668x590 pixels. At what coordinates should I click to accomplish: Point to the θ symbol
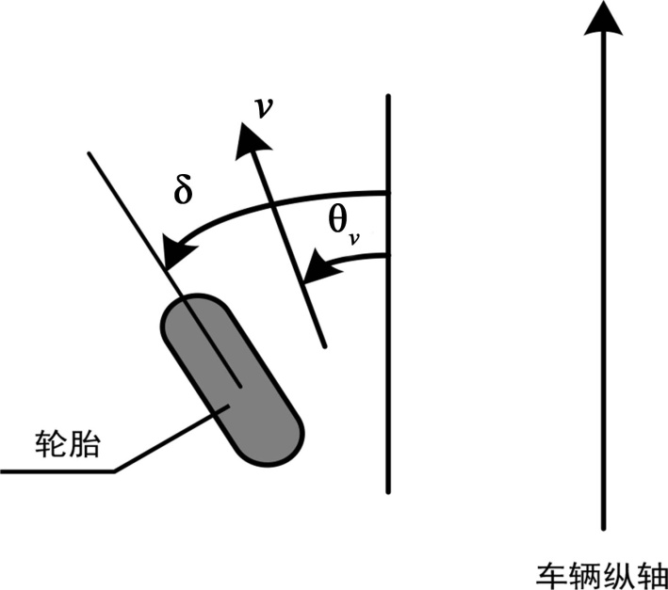[x=338, y=220]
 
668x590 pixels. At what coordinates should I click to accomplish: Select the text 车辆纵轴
[x=602, y=573]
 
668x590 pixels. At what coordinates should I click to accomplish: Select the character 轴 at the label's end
[x=652, y=573]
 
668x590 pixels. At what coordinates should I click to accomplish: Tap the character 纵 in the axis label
[x=619, y=573]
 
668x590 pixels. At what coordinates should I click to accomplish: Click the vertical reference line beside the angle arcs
[x=387, y=376]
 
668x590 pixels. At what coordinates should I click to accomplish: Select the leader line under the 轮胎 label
[x=57, y=468]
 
